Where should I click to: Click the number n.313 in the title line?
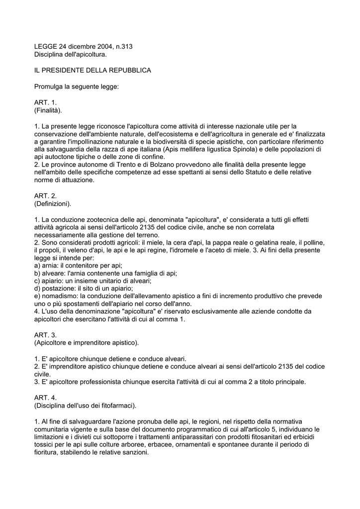pos(123,47)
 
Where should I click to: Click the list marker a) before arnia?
pos(37,266)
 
